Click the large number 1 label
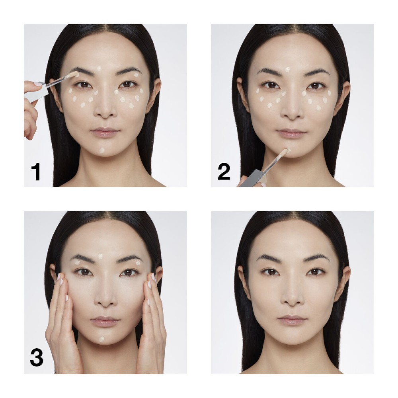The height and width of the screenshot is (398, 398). pyautogui.click(x=37, y=172)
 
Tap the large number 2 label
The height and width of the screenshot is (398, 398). pyautogui.click(x=224, y=172)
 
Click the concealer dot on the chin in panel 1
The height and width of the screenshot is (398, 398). pyautogui.click(x=102, y=150)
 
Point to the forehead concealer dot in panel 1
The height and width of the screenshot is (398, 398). pyautogui.click(x=99, y=68)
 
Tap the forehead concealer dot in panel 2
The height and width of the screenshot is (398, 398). pyautogui.click(x=287, y=69)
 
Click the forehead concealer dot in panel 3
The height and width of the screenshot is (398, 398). pyautogui.click(x=101, y=256)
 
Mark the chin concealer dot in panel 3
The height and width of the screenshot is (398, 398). pyautogui.click(x=101, y=339)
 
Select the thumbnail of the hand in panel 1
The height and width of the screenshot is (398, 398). pyautogui.click(x=38, y=84)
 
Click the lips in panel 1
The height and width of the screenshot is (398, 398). pyautogui.click(x=105, y=133)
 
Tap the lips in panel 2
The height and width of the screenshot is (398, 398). pyautogui.click(x=291, y=133)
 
